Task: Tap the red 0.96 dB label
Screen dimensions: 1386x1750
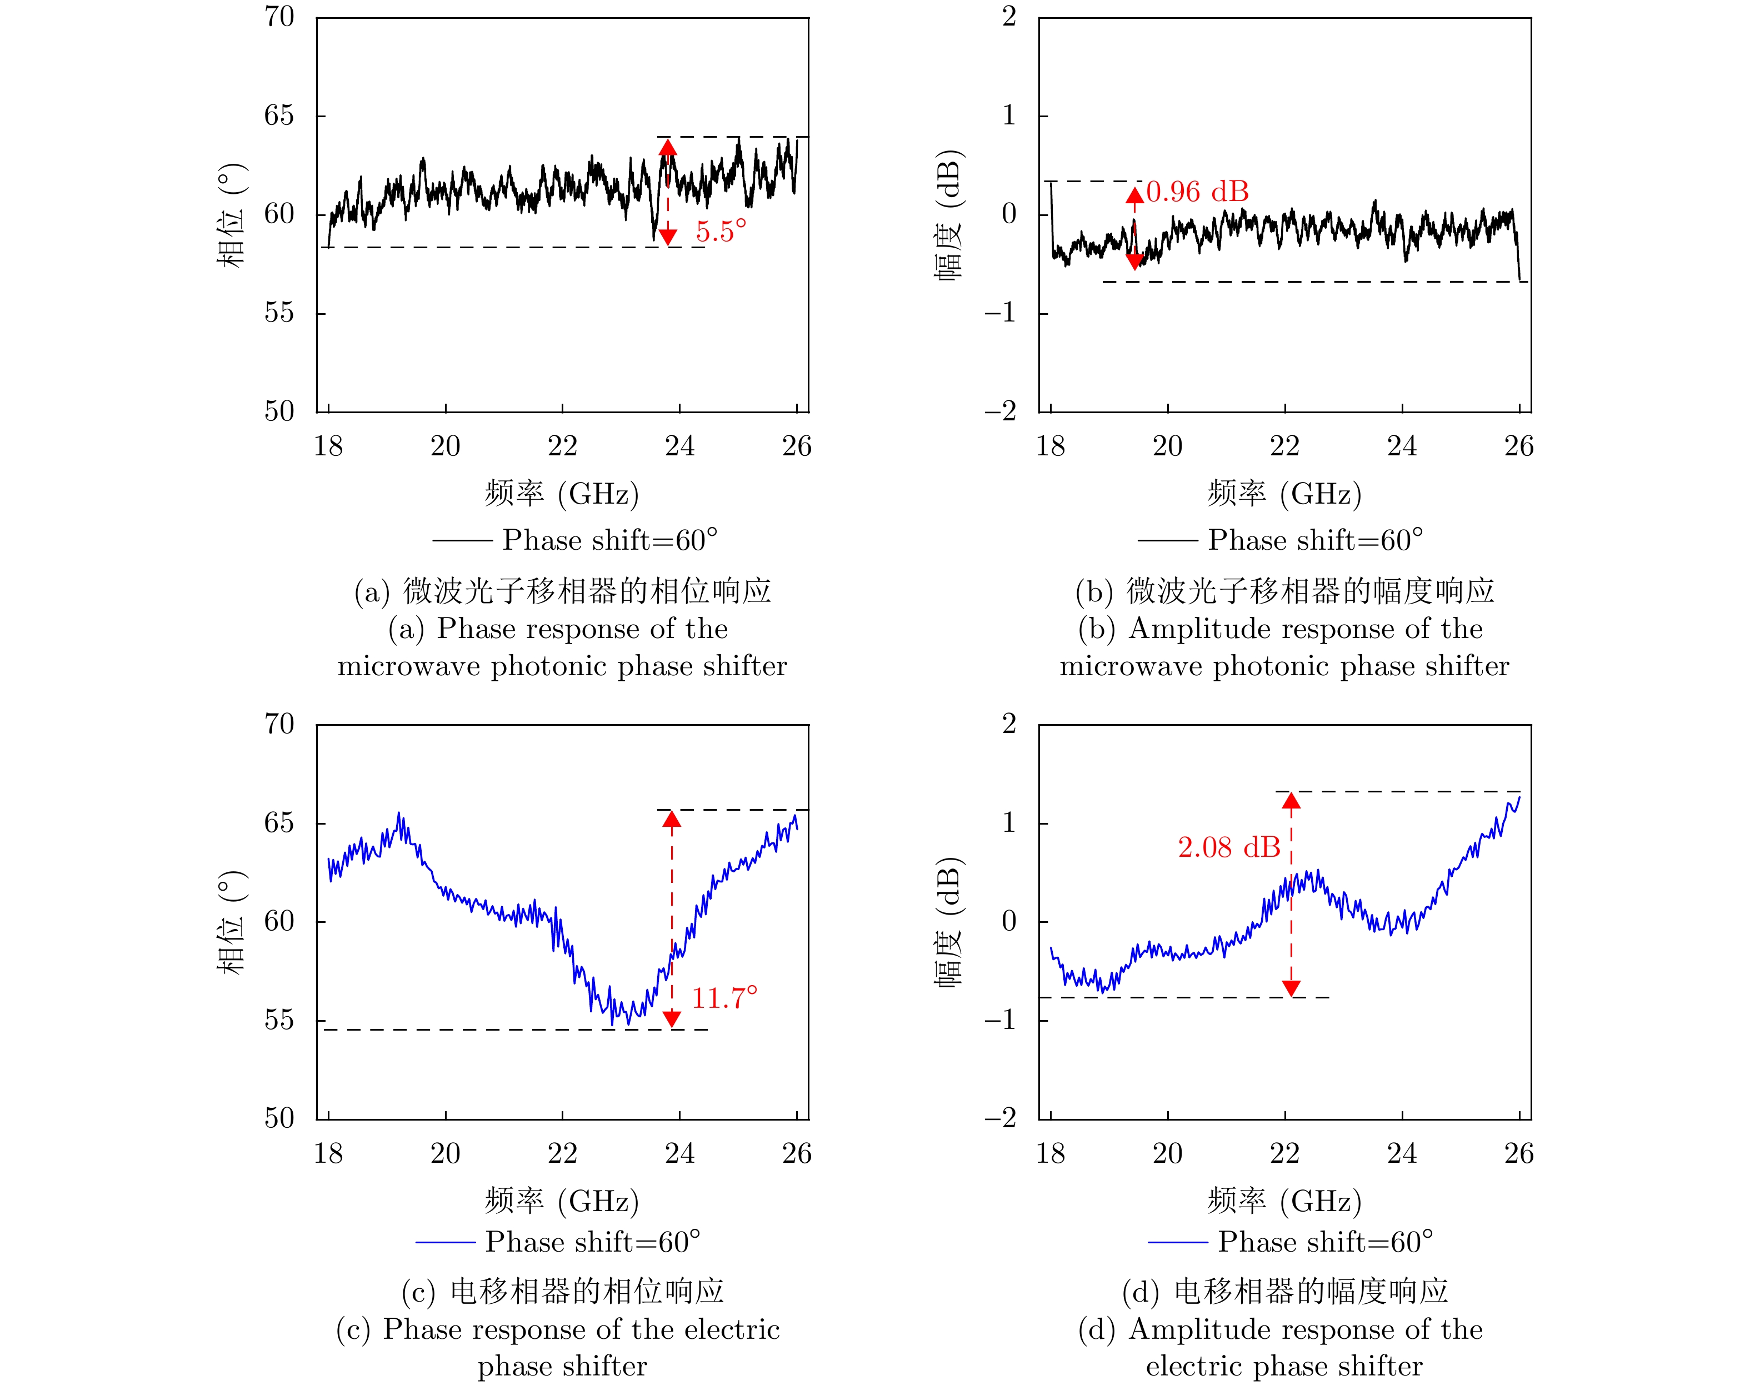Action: point(1197,192)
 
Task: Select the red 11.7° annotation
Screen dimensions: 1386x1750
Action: point(724,998)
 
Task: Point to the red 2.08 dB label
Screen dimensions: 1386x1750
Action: point(1229,848)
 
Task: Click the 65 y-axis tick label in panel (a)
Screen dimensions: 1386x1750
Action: point(279,116)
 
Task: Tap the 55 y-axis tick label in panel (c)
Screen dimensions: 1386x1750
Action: point(279,1020)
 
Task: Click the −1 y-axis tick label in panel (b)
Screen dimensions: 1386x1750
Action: point(1001,313)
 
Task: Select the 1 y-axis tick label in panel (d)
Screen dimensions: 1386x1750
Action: point(1009,823)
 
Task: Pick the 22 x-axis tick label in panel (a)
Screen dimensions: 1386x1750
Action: point(562,446)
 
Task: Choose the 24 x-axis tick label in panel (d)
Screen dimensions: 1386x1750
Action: point(1402,1153)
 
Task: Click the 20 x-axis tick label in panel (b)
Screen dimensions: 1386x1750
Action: point(1168,446)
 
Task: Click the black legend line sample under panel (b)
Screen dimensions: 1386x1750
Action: point(1167,540)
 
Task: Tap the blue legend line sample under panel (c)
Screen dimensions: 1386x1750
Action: point(445,1242)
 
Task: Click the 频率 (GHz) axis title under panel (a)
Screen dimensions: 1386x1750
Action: point(562,494)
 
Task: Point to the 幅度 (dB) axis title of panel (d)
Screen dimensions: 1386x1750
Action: point(948,922)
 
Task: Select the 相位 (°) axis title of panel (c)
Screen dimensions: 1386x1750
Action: point(231,922)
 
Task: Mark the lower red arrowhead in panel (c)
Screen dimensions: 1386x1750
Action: point(671,1019)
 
